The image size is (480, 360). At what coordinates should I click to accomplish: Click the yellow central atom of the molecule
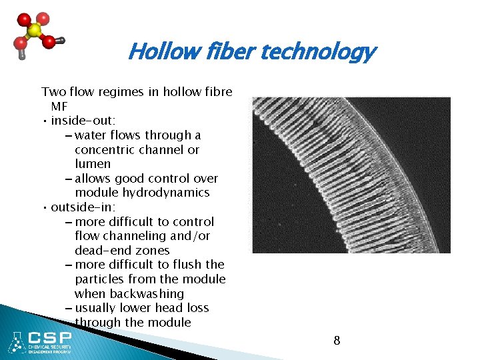(34, 31)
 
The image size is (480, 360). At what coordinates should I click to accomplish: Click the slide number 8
(337, 341)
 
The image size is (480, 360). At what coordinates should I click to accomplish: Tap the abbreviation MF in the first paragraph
(59, 106)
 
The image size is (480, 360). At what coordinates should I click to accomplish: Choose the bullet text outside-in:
(83, 207)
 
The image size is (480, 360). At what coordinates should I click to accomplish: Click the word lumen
(93, 164)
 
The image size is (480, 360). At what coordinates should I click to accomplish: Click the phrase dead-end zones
(122, 251)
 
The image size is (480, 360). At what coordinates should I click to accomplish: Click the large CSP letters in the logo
(49, 336)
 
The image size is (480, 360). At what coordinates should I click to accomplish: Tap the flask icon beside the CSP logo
(15, 342)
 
